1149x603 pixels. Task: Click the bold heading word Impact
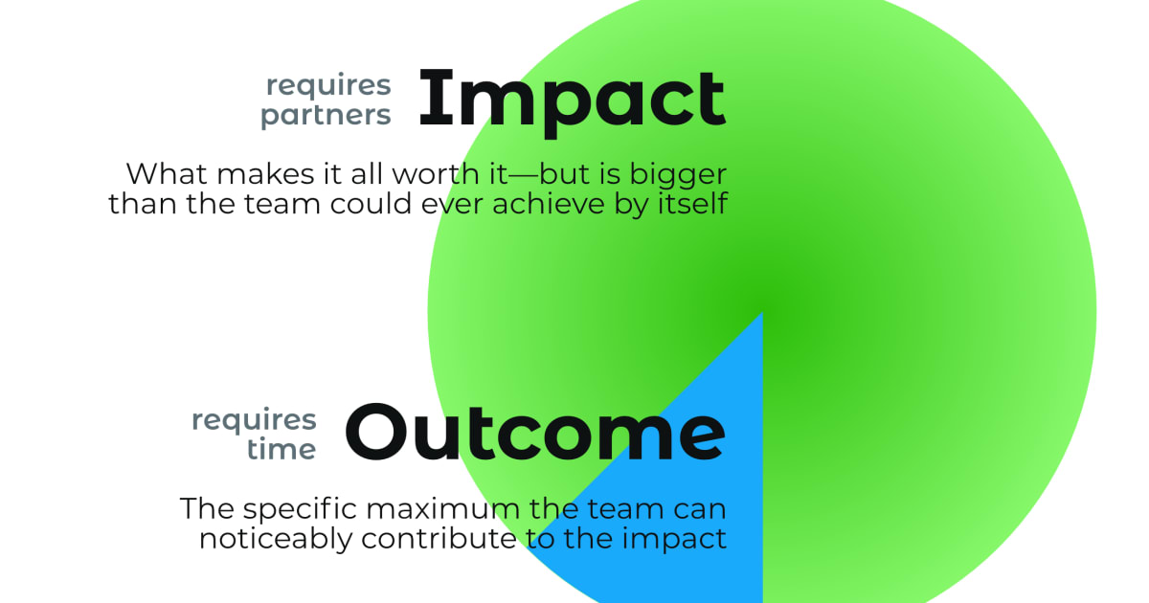click(x=572, y=100)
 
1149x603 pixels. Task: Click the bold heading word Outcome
click(x=534, y=433)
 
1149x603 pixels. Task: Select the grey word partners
click(x=327, y=116)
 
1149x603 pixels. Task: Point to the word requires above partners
click(x=328, y=84)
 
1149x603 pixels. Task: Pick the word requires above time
click(x=254, y=419)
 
